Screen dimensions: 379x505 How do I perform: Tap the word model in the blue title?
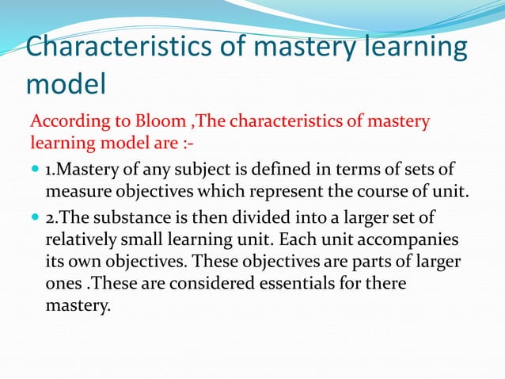pyautogui.click(x=64, y=82)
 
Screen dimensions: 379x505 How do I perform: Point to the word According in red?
pyautogui.click(x=63, y=123)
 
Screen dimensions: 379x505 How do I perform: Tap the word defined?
pyautogui.click(x=283, y=170)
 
